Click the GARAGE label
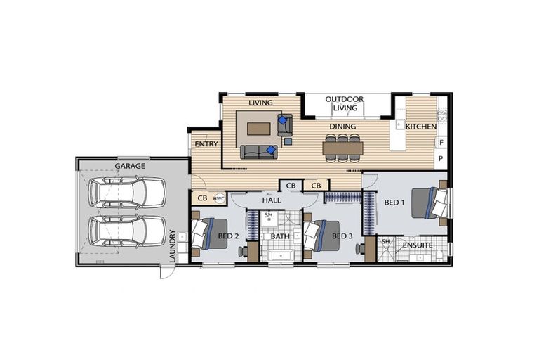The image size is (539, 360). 130,166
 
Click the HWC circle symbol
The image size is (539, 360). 219,199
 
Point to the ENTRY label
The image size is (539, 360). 207,144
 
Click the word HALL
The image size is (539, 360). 272,201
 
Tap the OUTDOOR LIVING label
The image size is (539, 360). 345,103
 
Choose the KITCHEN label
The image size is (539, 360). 421,127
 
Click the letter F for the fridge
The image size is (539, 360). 441,142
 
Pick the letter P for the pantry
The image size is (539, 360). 441,159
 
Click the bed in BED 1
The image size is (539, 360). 428,202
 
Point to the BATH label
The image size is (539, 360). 280,236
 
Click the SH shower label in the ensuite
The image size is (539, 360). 385,241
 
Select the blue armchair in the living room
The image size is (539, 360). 284,125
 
